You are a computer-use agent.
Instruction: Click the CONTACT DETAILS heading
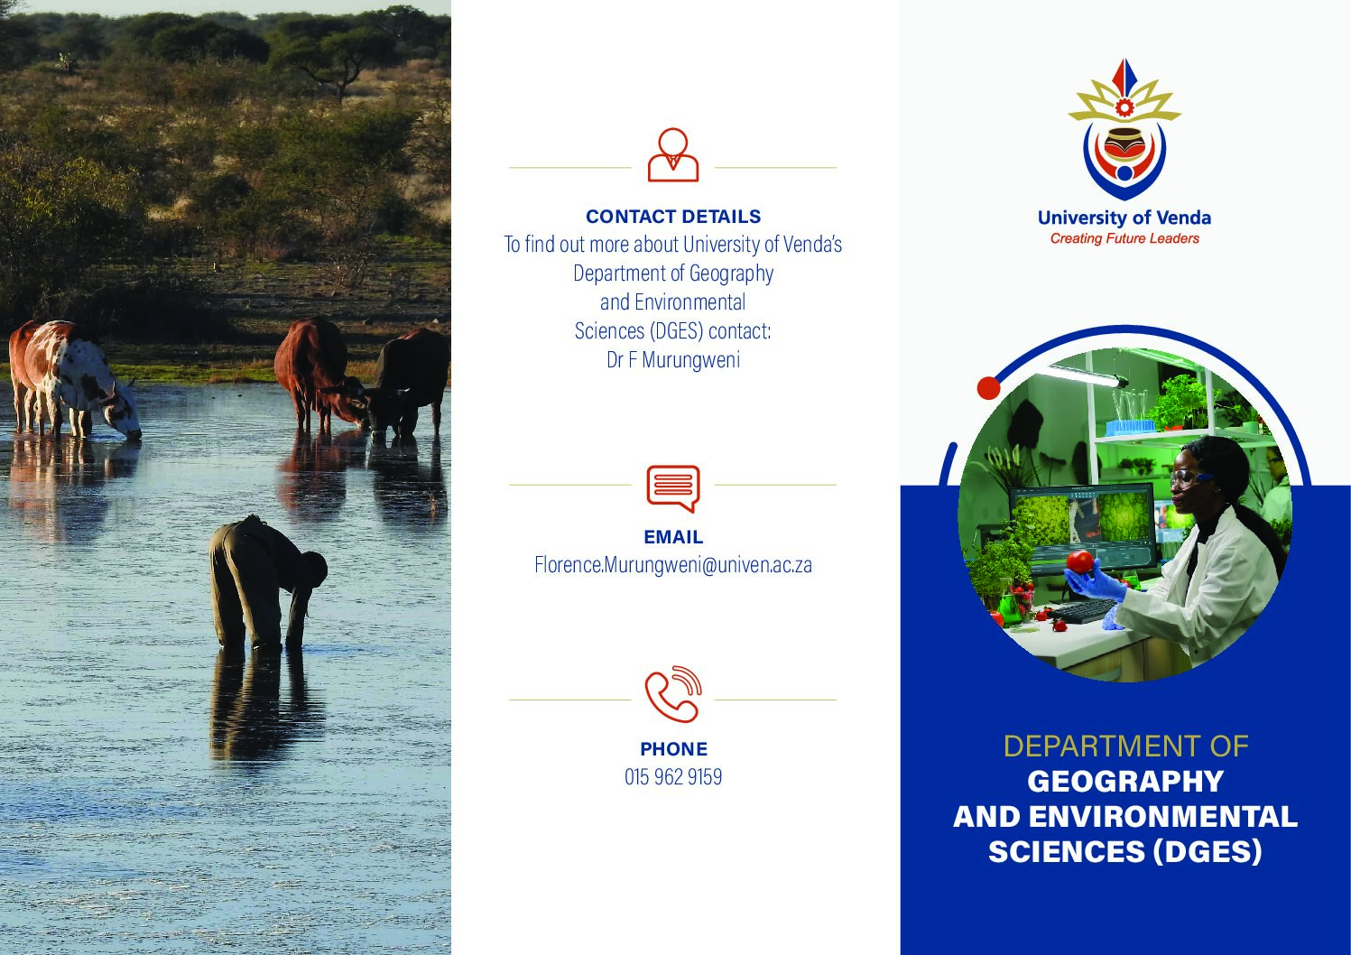(673, 217)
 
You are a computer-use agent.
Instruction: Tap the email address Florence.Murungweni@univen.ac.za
(673, 565)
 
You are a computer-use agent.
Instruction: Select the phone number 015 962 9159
(673, 776)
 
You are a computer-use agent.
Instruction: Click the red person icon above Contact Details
(673, 155)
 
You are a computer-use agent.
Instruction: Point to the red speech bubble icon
(673, 488)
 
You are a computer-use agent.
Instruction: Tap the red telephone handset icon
(673, 694)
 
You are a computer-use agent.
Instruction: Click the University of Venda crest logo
(1124, 130)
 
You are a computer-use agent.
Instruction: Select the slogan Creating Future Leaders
(1124, 239)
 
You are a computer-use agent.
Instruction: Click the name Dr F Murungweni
(673, 360)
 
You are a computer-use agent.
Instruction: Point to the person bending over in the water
(265, 582)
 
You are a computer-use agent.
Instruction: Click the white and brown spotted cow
(72, 380)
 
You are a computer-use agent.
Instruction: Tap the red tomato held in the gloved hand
(1079, 562)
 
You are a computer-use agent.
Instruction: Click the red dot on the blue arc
(988, 387)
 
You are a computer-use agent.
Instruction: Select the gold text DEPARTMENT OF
(1125, 746)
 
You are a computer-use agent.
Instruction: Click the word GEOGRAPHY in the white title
(1125, 782)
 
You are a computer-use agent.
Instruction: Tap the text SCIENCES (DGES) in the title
(1125, 851)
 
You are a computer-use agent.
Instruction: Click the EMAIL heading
(673, 537)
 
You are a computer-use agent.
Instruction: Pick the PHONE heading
(673, 748)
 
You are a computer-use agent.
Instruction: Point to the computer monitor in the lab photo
(1084, 524)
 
